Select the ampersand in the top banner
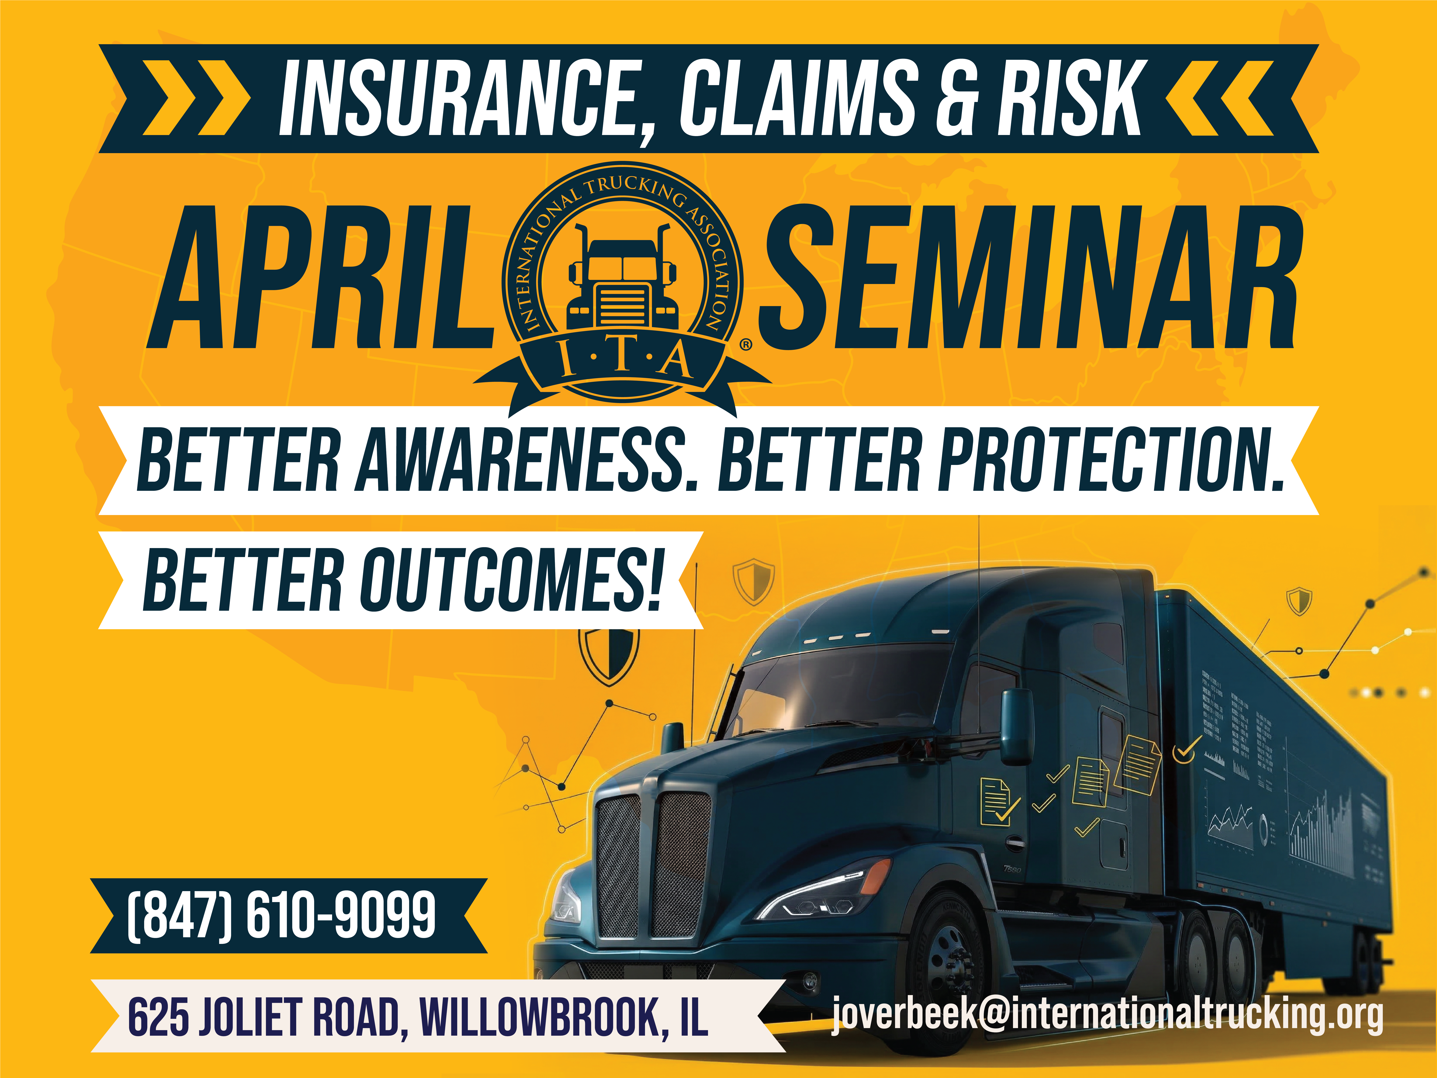956,99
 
